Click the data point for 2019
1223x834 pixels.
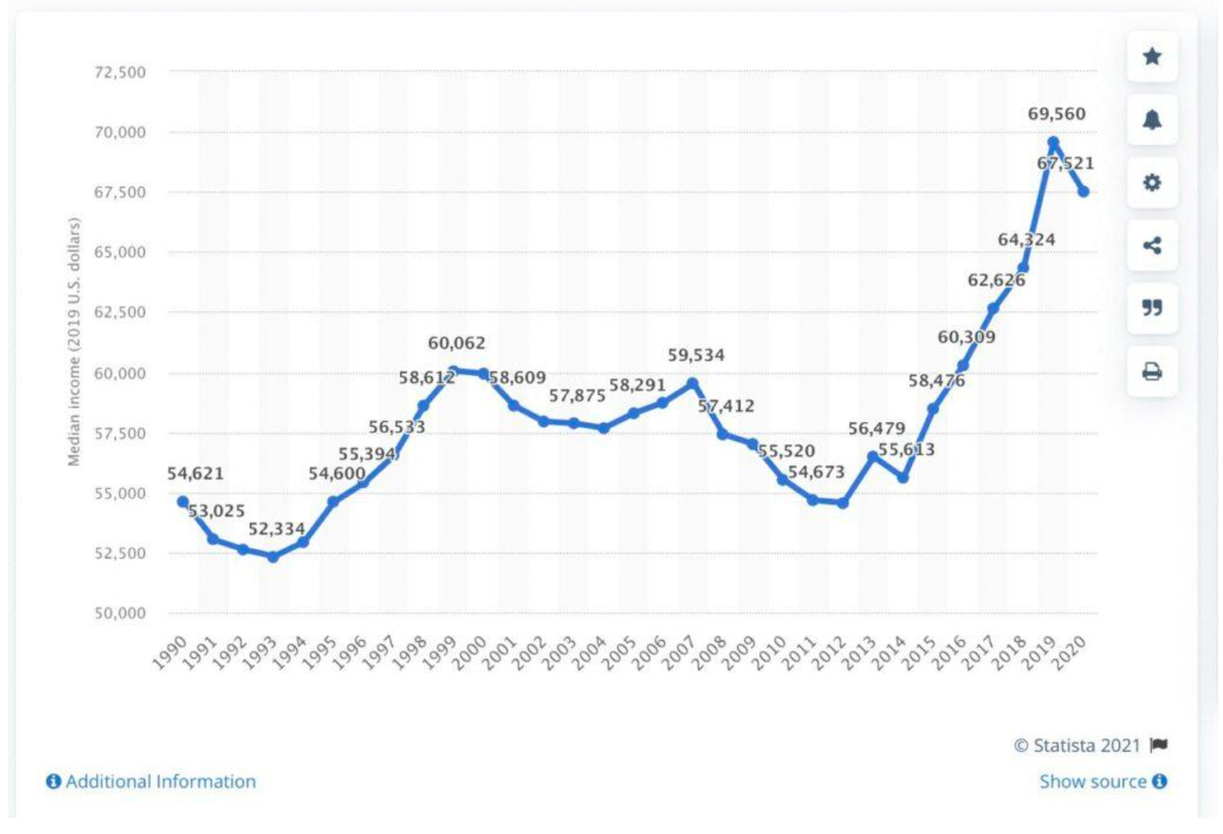click(x=1053, y=143)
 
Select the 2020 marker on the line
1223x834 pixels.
click(x=1083, y=191)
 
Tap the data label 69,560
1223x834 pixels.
click(x=1056, y=114)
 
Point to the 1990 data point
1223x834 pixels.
click(x=183, y=501)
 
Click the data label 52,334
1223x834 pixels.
click(x=276, y=529)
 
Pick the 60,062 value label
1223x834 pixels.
click(x=457, y=343)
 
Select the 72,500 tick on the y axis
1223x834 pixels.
click(x=120, y=72)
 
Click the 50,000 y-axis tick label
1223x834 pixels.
click(x=120, y=613)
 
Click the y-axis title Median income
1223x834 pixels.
click(x=74, y=342)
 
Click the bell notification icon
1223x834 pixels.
click(x=1152, y=119)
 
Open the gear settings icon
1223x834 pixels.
click(x=1152, y=183)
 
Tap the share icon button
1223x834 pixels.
click(x=1152, y=245)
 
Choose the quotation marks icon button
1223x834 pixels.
click(x=1152, y=308)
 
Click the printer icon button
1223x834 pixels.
click(x=1152, y=371)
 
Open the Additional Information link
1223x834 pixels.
click(x=152, y=782)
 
